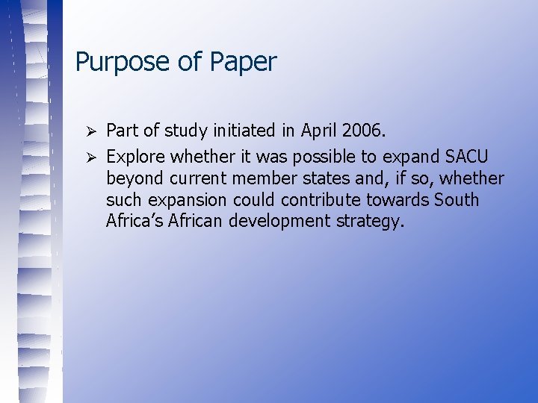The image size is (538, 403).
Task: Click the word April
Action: coord(319,131)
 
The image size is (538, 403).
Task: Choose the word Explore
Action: coord(137,156)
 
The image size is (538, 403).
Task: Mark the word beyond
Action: coord(135,179)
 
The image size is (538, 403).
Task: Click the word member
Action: coord(262,179)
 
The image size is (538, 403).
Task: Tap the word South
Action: coord(456,201)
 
